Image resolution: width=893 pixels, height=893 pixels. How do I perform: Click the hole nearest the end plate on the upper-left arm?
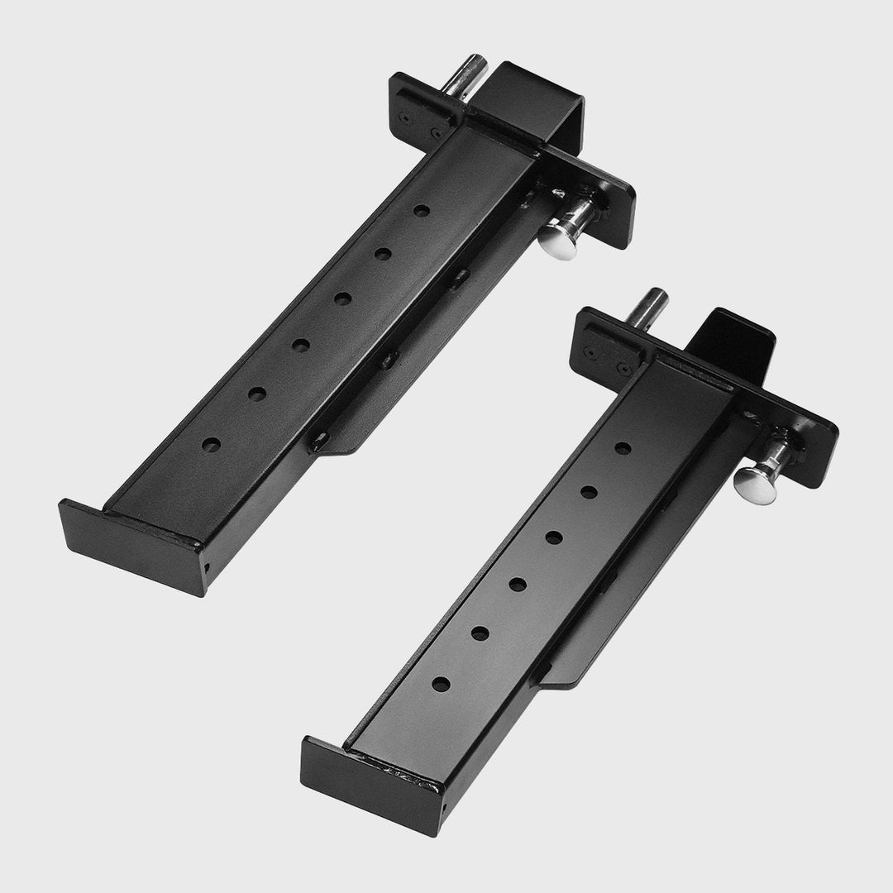coord(213,444)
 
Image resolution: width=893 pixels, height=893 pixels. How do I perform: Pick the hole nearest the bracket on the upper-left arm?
coord(422,212)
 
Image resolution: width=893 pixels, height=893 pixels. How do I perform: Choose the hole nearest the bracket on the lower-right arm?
coord(624,447)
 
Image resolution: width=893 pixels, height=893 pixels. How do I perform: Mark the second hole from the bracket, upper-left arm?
coord(383,254)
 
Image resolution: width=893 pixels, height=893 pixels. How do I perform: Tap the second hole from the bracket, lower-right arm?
coord(589,491)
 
